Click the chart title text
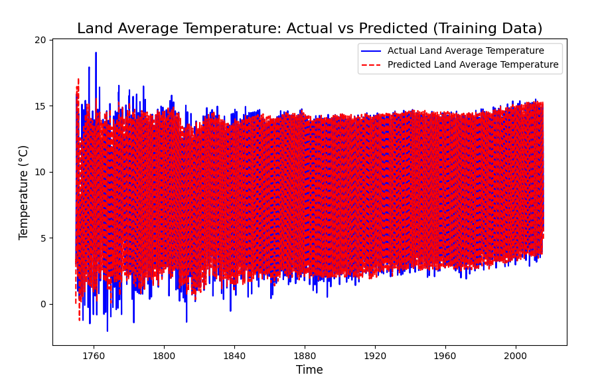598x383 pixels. coord(310,29)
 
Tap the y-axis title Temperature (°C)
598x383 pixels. coord(23,192)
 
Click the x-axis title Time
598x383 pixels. coord(309,370)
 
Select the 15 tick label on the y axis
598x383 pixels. coord(40,106)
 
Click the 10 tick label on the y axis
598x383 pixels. coord(40,172)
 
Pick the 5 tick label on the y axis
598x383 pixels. coord(42,238)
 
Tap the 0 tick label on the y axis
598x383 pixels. coord(42,304)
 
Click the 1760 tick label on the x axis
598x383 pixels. coord(94,356)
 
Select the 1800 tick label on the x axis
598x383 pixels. coord(164,356)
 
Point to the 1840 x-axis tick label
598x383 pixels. coord(234,356)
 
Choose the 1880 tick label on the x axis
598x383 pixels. coord(305,356)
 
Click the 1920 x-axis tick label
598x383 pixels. coord(375,356)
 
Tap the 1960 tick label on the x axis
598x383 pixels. coord(445,356)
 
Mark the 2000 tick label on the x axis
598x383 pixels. coord(516,356)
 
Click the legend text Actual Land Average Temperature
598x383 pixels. coord(466,50)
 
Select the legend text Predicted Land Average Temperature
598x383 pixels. coord(473,65)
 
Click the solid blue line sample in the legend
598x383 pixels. coord(371,50)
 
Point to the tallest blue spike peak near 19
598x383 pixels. coord(96,52)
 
